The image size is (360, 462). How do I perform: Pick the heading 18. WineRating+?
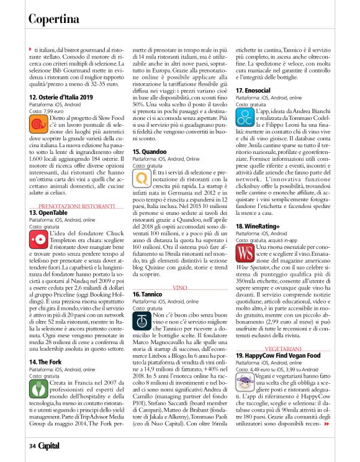tap(257, 227)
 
